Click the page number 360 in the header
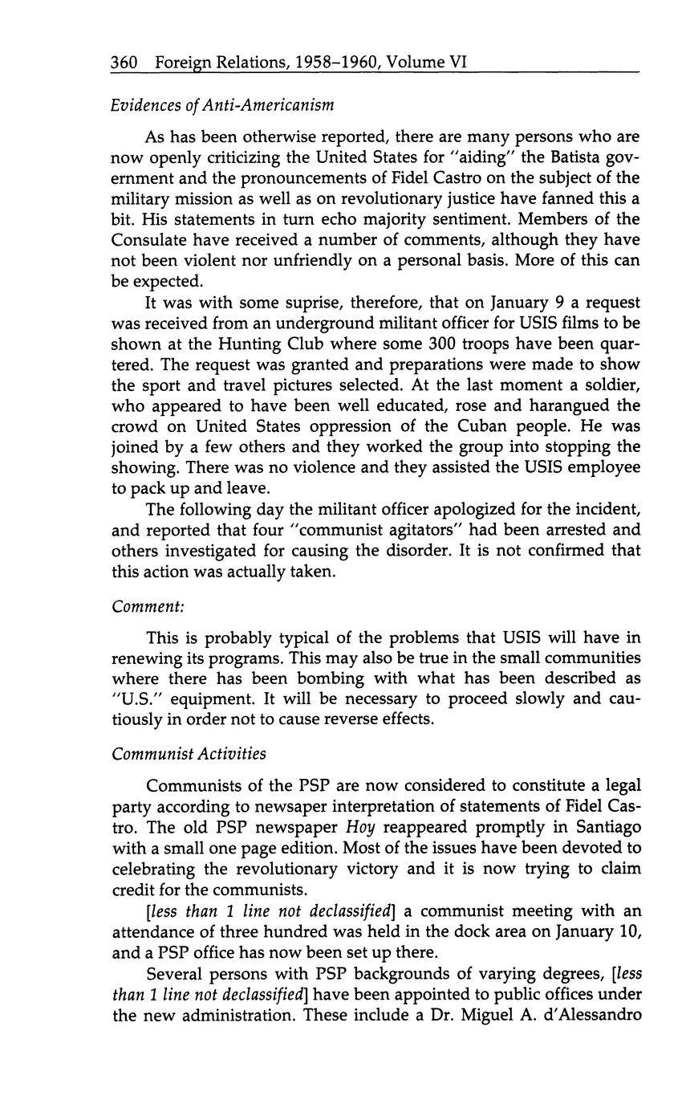coord(125,61)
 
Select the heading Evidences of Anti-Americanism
coord(222,105)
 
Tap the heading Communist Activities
coord(189,754)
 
